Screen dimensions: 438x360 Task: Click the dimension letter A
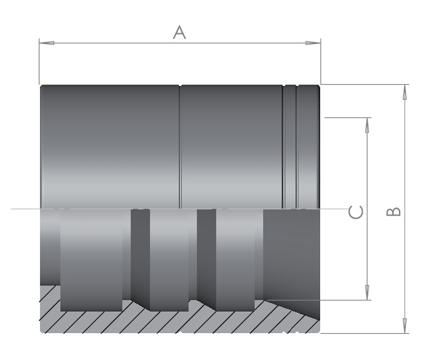tap(179, 32)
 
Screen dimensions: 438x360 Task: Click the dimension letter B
tap(393, 212)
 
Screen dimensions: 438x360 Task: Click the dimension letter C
tap(356, 212)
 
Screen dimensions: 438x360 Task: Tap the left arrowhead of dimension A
tap(46, 43)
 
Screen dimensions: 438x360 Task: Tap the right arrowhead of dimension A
tap(313, 43)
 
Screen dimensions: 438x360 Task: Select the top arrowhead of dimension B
tap(405, 92)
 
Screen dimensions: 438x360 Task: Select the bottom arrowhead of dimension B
tap(405, 326)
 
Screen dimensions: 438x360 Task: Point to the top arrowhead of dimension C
tap(367, 125)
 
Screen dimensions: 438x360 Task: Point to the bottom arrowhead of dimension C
tap(367, 292)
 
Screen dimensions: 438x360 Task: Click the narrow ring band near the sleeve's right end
tap(289, 147)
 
